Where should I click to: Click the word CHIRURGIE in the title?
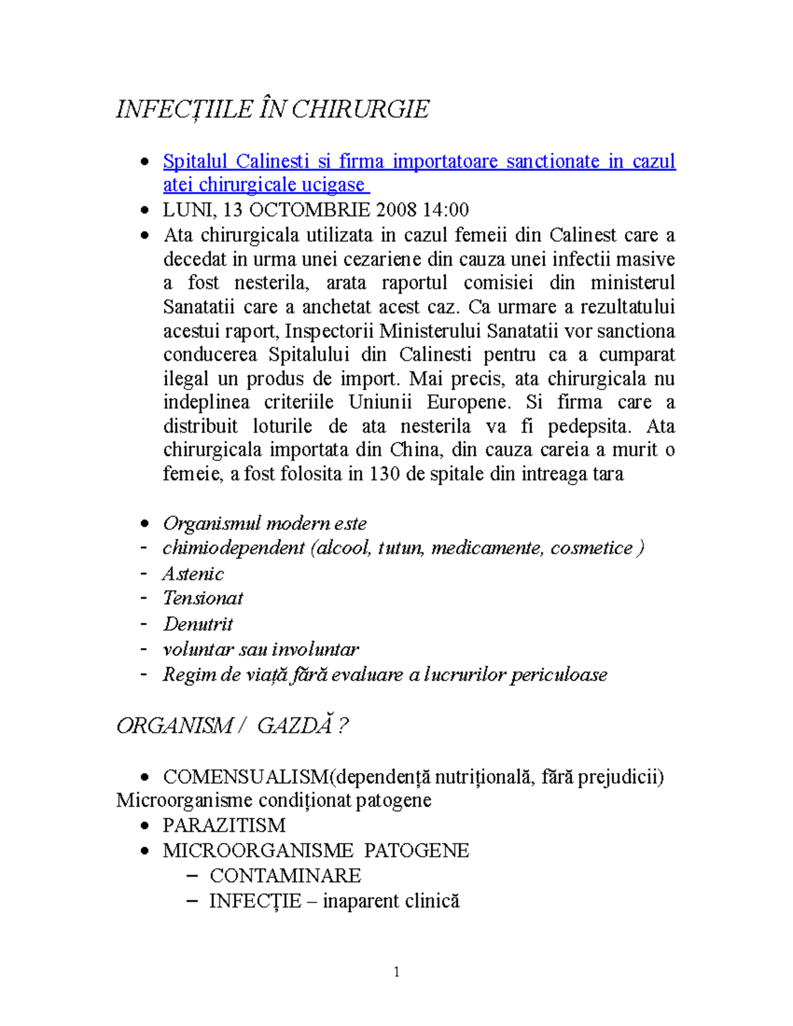[360, 109]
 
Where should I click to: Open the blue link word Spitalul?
[195, 161]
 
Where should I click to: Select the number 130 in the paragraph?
[384, 474]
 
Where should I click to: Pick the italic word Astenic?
[193, 573]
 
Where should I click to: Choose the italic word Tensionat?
[203, 598]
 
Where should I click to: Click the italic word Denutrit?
[198, 624]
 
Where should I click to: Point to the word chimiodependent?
[233, 548]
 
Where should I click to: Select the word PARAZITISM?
[224, 825]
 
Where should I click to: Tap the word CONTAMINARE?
[285, 875]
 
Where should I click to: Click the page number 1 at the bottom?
[397, 971]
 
